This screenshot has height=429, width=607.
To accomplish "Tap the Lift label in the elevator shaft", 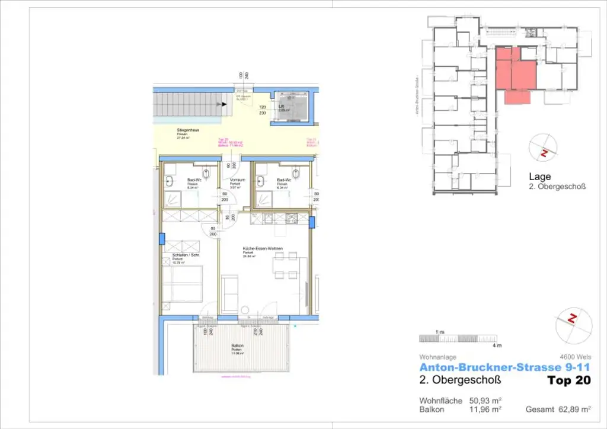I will point(282,107).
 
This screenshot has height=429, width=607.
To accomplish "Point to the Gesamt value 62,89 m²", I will point(576,409).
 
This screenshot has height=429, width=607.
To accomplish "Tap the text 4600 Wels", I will point(574,357).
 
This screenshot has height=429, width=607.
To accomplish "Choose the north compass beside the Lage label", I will point(543,148).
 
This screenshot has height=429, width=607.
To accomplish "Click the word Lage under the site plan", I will point(539,177).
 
